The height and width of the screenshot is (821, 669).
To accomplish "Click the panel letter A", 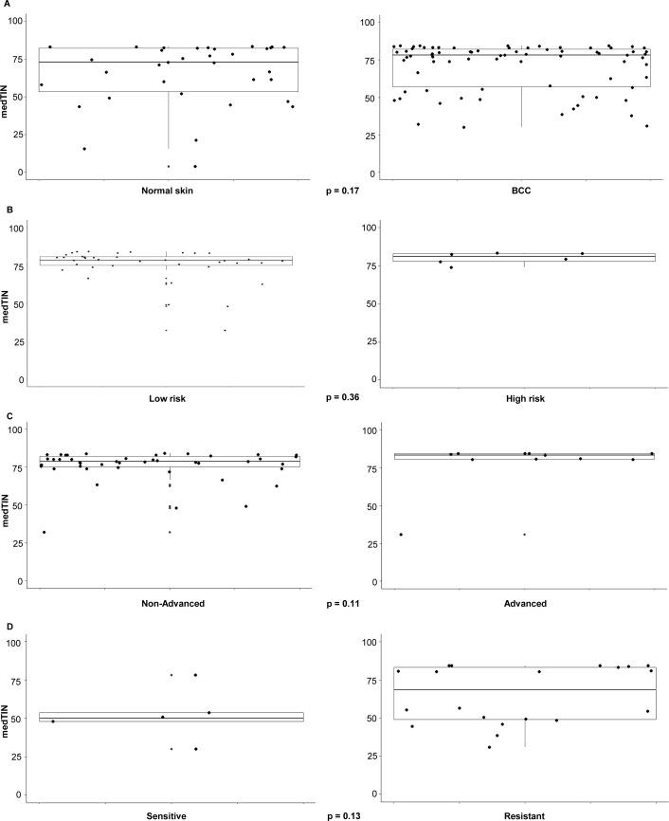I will tap(6, 6).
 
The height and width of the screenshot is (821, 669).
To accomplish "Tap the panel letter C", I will tap(6, 416).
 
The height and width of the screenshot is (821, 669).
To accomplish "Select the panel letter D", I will tap(6, 622).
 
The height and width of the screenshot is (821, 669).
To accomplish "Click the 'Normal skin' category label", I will tap(169, 192).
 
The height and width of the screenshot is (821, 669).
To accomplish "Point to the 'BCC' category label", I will tap(523, 192).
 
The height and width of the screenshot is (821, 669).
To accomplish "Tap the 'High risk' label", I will tap(523, 398).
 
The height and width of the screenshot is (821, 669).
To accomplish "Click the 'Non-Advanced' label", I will tap(169, 601).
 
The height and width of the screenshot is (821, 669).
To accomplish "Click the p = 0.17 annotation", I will tap(346, 192).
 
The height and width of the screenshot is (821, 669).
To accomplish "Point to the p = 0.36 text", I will tap(346, 398).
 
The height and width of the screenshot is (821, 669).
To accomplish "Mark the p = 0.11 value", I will tap(346, 601).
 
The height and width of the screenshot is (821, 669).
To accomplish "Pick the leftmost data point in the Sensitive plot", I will tap(53, 721).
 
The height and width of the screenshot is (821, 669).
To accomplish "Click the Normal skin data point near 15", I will tap(83, 149).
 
